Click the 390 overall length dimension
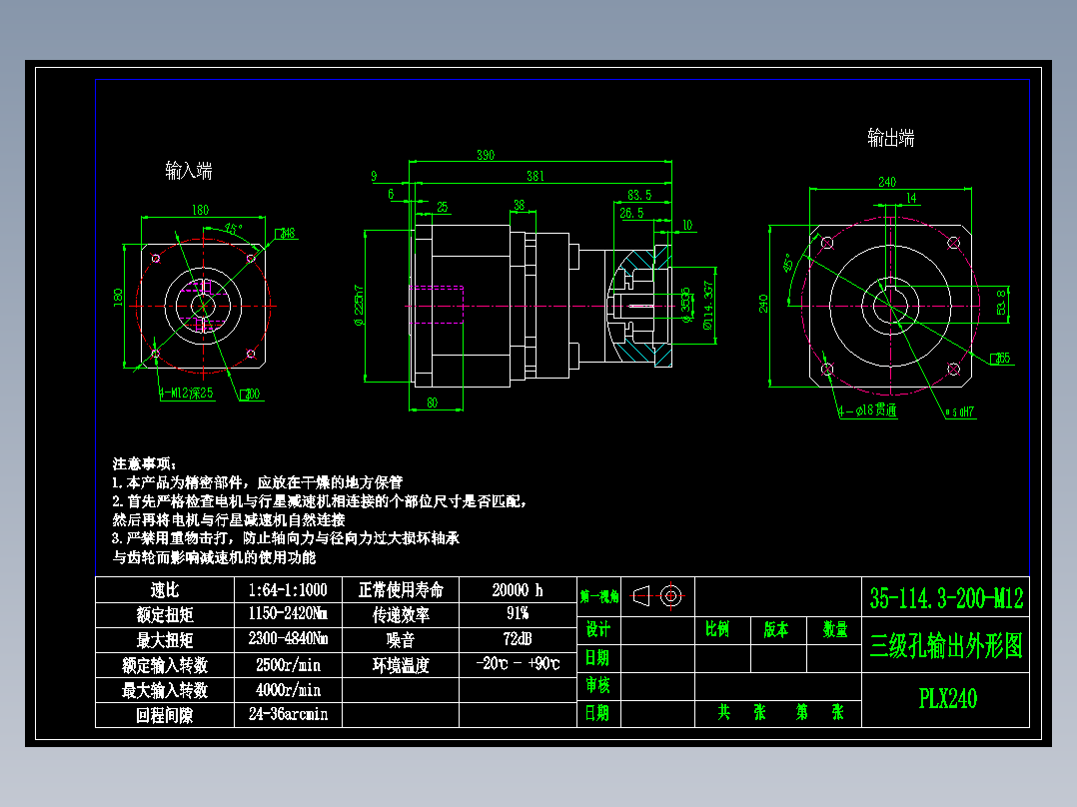[x=485, y=155]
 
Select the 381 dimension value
[x=536, y=177]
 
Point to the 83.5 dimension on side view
[x=639, y=195]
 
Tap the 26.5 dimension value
[x=631, y=213]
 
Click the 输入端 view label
[x=189, y=171]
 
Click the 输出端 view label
[x=890, y=138]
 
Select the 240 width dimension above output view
[x=886, y=182]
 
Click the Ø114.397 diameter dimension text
[x=709, y=306]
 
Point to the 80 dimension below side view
[x=433, y=403]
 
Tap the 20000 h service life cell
[x=518, y=590]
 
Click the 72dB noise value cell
[x=518, y=639]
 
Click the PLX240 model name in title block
[x=947, y=699]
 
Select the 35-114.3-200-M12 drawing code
[x=946, y=599]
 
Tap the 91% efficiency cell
[x=518, y=614]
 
